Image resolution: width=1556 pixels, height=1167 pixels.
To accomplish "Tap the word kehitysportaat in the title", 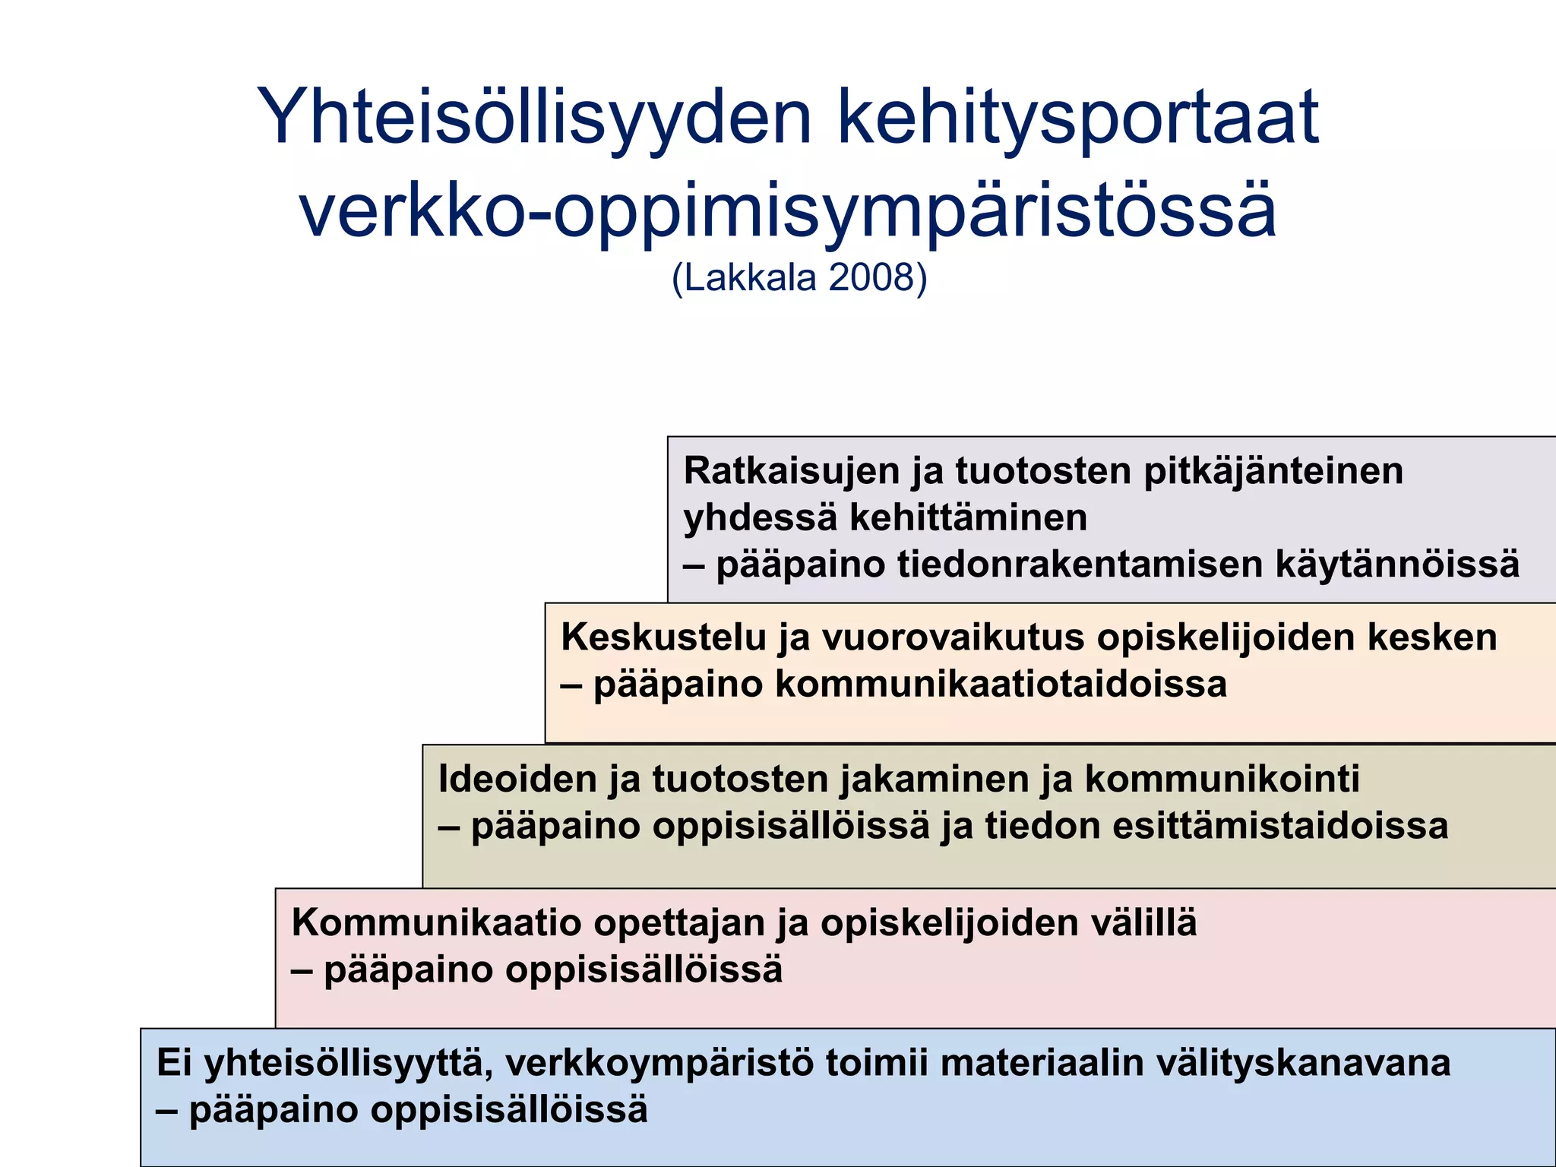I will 1079,118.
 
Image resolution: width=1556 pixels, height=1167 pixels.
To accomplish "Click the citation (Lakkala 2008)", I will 799,278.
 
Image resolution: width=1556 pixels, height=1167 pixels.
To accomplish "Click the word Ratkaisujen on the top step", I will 791,471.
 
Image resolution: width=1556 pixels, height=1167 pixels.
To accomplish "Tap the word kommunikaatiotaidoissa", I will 1001,684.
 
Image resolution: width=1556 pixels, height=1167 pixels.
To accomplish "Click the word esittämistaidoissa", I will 1280,827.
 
